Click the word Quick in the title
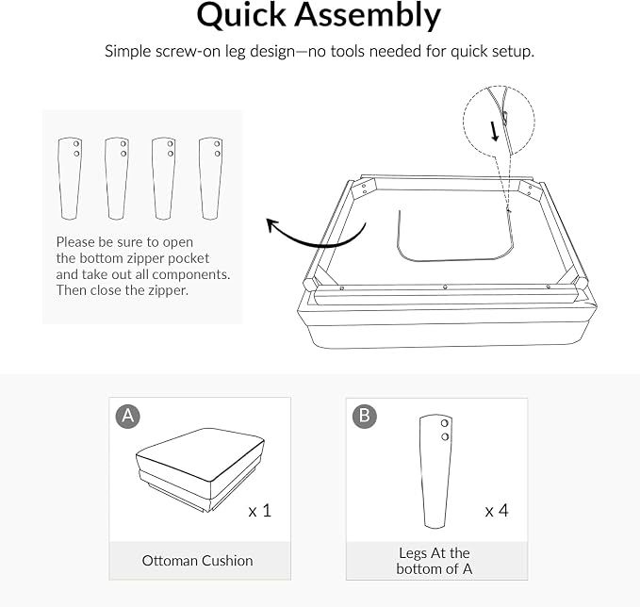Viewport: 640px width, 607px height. coord(240,15)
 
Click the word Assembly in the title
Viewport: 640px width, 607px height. coord(368,15)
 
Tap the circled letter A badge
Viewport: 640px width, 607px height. coord(128,416)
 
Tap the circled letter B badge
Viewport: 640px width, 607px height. coord(365,416)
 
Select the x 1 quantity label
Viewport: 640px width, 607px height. coord(259,511)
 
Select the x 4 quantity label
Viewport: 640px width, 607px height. coord(497,511)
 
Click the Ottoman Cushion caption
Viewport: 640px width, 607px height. coord(197,561)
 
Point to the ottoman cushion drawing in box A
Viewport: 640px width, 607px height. coord(200,469)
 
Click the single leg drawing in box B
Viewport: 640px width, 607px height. coord(435,471)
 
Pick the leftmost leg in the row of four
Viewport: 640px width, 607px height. coord(70,178)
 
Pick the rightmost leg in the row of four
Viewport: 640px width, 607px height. coord(210,178)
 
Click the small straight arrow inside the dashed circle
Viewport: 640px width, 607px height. coord(494,131)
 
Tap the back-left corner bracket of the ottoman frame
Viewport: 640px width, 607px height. coord(366,189)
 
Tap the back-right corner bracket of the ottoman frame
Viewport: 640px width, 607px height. coord(530,189)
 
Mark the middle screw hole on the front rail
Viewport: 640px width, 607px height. coord(445,287)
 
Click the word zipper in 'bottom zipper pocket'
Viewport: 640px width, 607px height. coord(145,258)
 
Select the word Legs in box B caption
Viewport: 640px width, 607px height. coord(414,553)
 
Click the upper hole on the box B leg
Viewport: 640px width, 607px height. coord(445,423)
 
